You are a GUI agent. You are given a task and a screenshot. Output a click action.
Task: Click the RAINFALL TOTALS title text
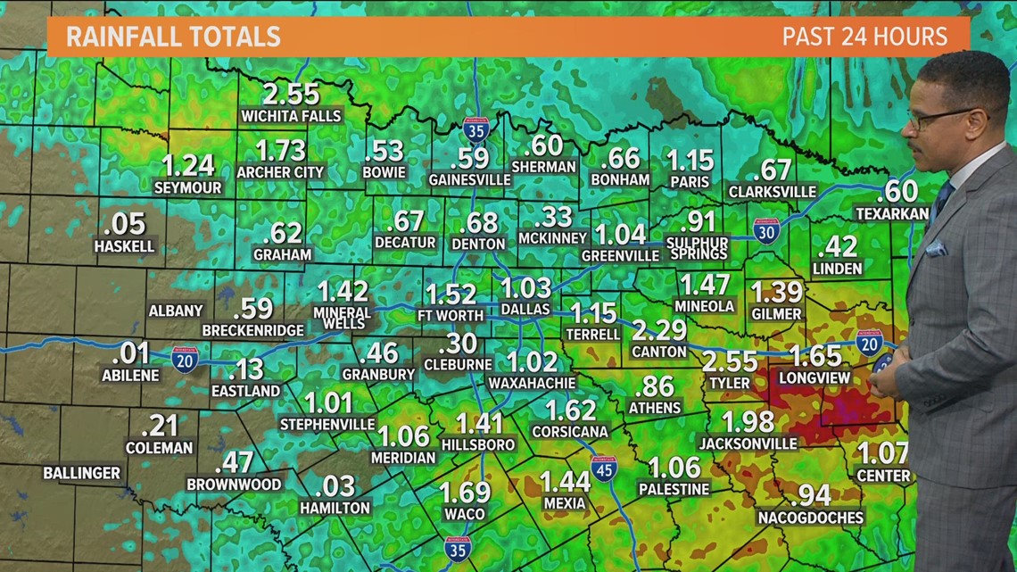point(173,37)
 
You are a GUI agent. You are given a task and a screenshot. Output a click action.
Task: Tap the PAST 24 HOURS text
point(864,37)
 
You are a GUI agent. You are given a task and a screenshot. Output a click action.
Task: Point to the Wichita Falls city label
point(291,116)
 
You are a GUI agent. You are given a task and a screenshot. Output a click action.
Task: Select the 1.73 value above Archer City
point(280,150)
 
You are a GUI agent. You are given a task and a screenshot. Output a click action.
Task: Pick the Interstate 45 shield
point(604,468)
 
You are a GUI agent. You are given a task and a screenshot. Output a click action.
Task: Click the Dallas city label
point(525,309)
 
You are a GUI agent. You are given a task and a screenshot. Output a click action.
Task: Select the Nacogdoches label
point(810,518)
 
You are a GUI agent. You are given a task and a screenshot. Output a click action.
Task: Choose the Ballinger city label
point(81,473)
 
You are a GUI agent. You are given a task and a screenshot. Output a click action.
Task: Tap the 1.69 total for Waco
point(465,492)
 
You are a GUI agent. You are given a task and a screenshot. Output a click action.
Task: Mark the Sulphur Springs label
point(698,248)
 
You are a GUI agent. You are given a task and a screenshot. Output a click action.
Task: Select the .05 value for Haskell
point(124,224)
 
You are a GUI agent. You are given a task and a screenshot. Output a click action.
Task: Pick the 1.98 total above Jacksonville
point(748,421)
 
